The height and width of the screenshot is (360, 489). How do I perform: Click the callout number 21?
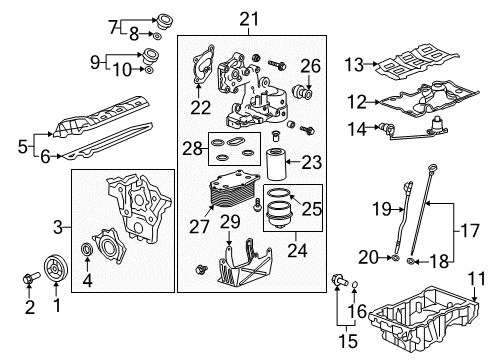coord(247,17)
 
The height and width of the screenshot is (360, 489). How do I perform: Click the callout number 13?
coord(352,64)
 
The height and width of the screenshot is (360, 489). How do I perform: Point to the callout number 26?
coord(310,66)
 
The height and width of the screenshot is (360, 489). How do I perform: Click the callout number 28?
coord(189,147)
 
